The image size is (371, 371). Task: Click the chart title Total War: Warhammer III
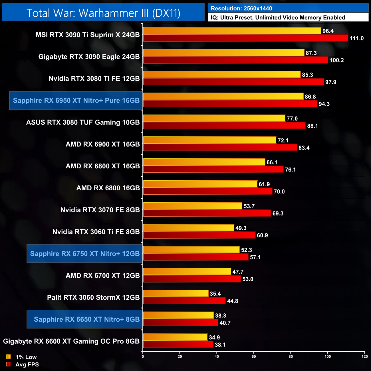click(103, 13)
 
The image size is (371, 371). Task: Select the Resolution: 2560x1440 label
click(241, 8)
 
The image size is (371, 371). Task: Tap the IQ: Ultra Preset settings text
click(278, 17)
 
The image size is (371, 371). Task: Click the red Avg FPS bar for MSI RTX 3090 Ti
click(245, 38)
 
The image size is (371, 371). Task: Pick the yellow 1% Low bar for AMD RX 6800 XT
click(204, 162)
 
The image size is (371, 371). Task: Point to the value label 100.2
click(336, 60)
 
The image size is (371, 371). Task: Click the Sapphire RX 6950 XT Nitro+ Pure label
click(76, 100)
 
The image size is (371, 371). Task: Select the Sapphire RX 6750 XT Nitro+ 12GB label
click(85, 253)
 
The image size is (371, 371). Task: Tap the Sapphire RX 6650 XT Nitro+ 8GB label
click(86, 319)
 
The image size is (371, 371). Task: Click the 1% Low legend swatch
click(9, 357)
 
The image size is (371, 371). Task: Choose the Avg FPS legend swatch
click(9, 364)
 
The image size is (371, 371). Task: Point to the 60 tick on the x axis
click(254, 356)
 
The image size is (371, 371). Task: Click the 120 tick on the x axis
click(364, 356)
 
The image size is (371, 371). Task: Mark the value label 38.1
click(220, 345)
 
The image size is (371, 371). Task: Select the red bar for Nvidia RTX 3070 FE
click(207, 213)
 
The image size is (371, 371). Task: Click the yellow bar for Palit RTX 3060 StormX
click(176, 293)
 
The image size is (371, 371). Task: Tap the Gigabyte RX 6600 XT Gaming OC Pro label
click(71, 341)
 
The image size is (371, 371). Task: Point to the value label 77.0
click(292, 118)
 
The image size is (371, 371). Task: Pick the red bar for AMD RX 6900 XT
click(220, 148)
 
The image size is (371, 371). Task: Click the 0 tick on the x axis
click(143, 356)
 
